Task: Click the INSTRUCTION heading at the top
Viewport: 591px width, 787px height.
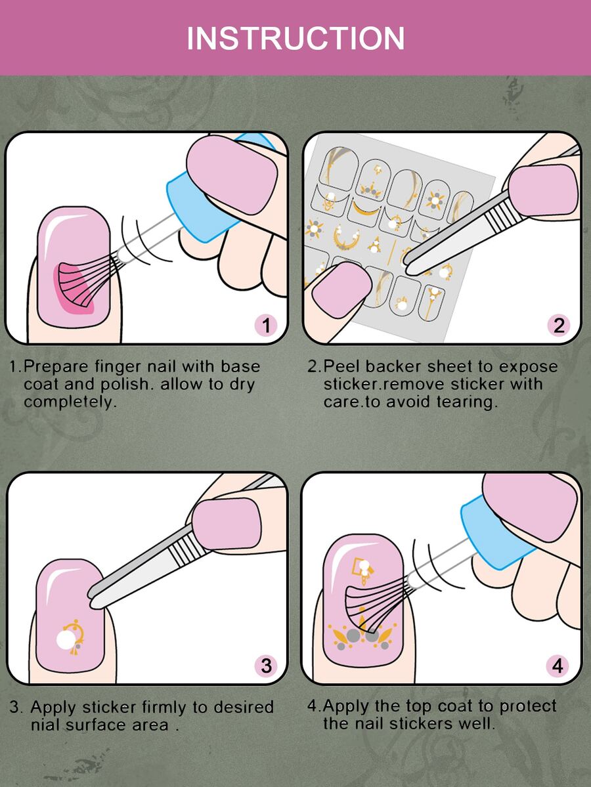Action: coord(295,39)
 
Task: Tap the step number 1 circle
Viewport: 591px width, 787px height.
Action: coord(266,326)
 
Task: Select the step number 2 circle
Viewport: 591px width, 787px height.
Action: coord(559,326)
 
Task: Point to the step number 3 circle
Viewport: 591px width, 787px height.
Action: coord(266,666)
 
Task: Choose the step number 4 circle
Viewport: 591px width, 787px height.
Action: coord(558,666)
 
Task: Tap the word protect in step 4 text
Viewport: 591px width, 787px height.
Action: coord(528,706)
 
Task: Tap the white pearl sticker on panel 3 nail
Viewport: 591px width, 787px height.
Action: coord(66,640)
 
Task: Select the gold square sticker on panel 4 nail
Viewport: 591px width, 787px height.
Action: coord(359,566)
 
